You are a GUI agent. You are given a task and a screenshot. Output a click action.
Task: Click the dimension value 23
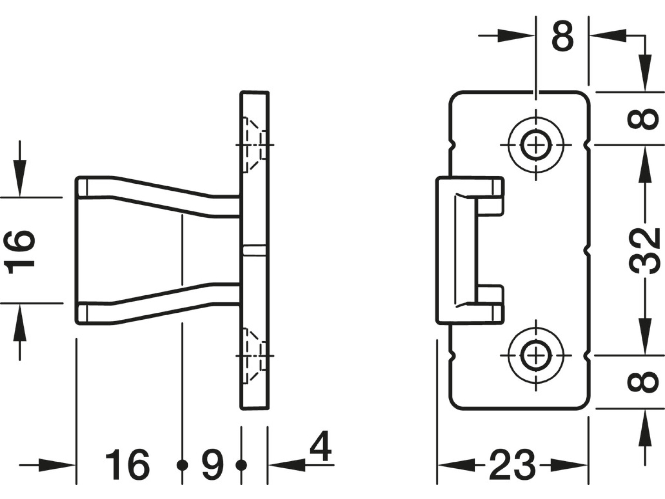512,464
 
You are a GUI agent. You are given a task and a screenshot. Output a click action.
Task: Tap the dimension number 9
212,464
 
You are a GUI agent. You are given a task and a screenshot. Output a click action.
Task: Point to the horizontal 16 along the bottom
127,464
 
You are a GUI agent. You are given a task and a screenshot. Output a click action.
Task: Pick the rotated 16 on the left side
19,252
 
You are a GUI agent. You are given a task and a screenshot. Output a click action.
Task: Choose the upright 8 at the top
563,35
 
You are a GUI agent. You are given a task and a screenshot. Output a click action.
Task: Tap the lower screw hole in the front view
536,355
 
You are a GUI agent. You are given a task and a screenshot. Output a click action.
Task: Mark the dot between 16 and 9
182,465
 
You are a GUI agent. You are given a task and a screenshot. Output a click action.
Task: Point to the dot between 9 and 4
241,465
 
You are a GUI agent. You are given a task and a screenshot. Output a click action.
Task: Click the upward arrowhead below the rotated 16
20,322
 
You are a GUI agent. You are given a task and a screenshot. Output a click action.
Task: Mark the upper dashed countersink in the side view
254,145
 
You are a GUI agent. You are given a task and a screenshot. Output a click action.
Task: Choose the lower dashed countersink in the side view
254,356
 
